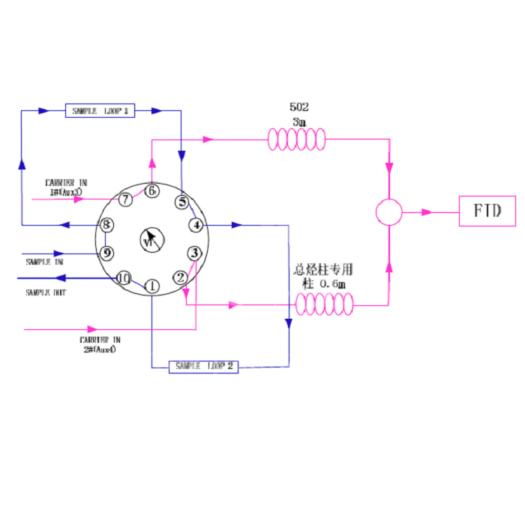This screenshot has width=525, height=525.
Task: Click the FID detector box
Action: (x=487, y=211)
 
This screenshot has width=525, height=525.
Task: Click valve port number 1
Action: (x=151, y=286)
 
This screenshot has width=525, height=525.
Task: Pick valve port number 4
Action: (x=196, y=225)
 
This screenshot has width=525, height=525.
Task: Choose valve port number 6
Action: (x=152, y=190)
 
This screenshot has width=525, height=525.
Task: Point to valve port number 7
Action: (x=125, y=199)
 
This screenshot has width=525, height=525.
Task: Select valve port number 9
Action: (x=107, y=253)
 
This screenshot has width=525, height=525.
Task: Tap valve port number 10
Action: (x=124, y=278)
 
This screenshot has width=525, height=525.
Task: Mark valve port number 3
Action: (x=194, y=253)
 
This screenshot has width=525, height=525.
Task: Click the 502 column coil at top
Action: (x=297, y=139)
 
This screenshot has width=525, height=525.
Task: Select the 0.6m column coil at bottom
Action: (x=324, y=304)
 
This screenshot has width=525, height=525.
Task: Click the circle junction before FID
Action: (x=388, y=212)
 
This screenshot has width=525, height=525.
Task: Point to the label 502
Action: (x=299, y=107)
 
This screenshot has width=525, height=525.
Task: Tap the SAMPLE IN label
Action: (x=45, y=262)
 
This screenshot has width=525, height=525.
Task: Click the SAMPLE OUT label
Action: (x=46, y=292)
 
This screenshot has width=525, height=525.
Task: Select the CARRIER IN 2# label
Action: (x=98, y=344)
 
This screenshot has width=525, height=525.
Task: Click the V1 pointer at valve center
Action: (x=151, y=240)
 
